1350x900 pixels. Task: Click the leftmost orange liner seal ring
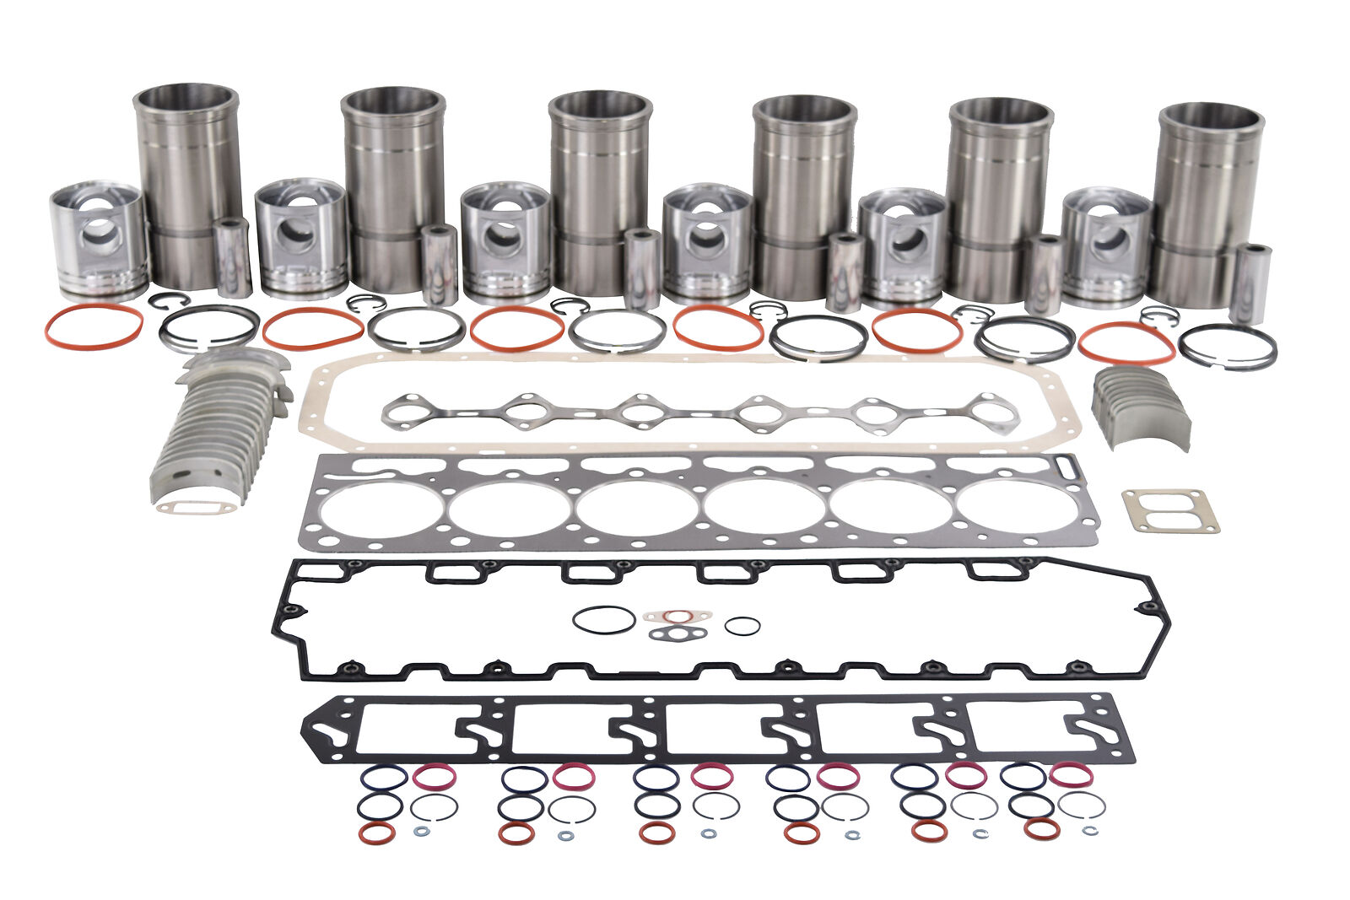pyautogui.click(x=94, y=326)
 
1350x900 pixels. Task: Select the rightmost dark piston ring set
pyautogui.click(x=1227, y=347)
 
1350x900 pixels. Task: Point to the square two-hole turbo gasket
pyautogui.click(x=1169, y=511)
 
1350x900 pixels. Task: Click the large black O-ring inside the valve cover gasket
pyautogui.click(x=604, y=618)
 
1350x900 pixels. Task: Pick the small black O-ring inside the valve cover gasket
pyautogui.click(x=742, y=626)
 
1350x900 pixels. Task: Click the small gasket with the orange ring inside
pyautogui.click(x=677, y=616)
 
